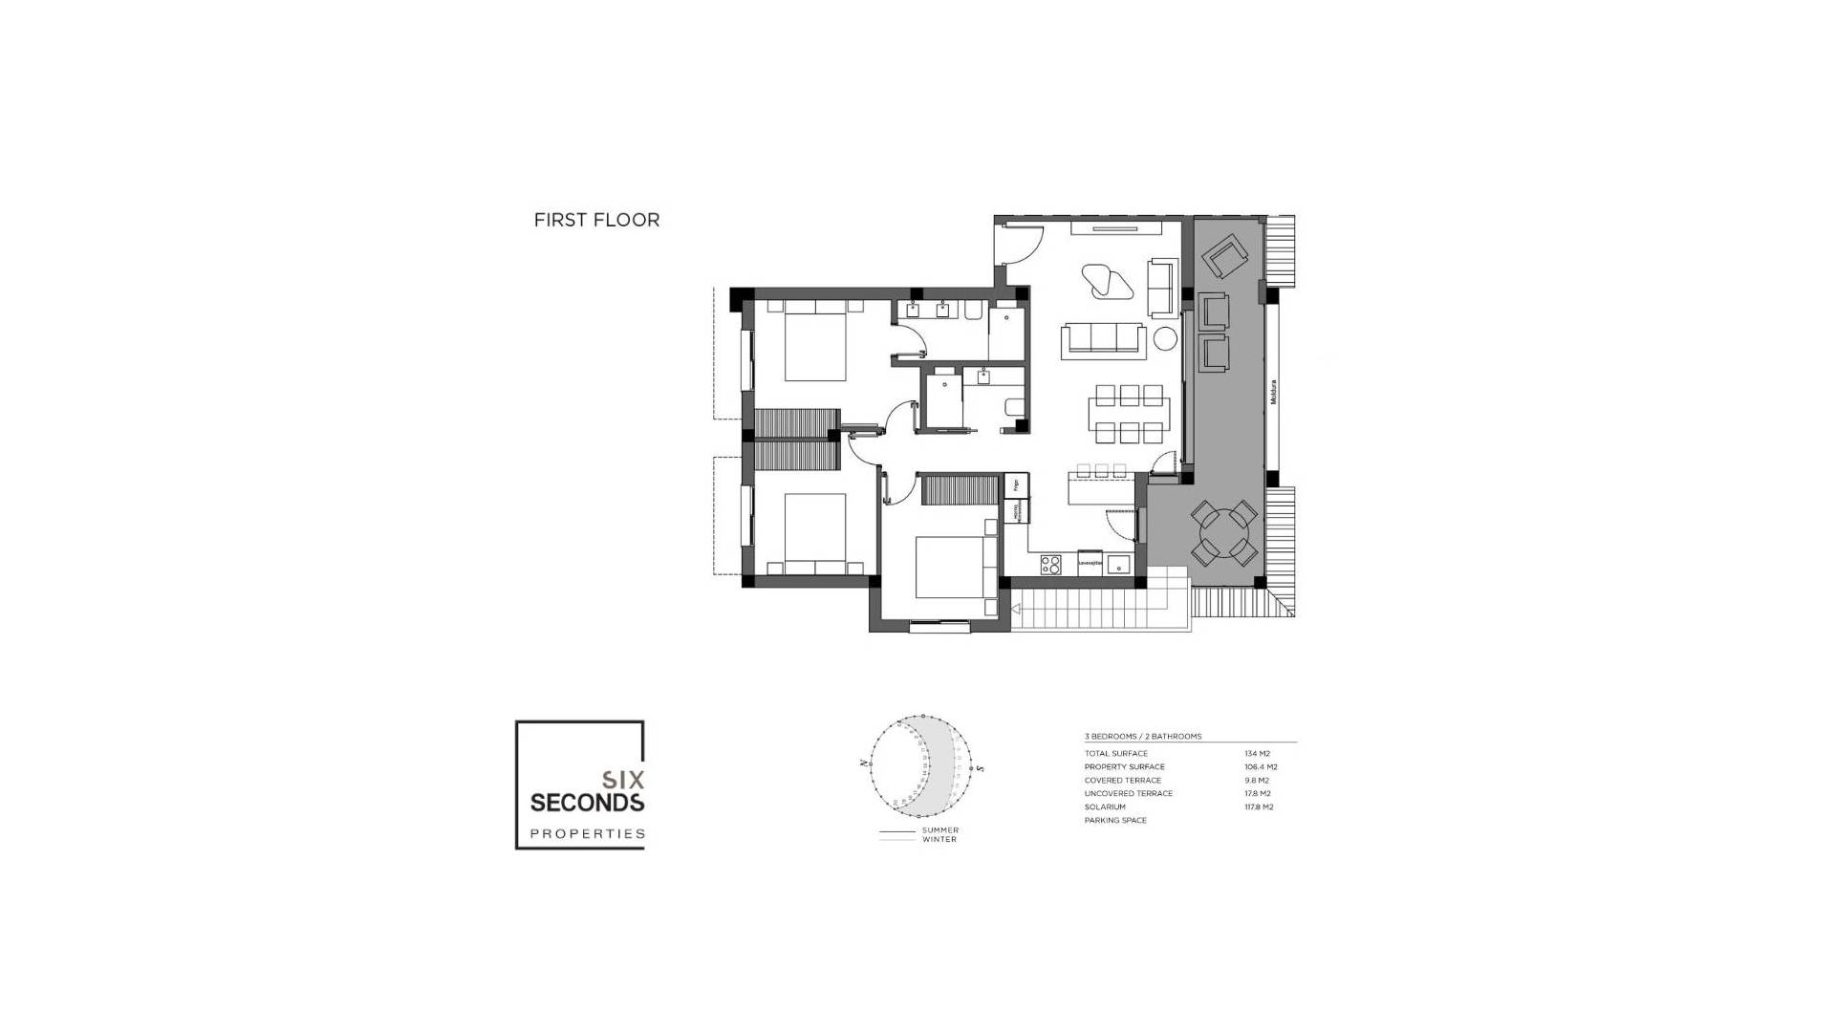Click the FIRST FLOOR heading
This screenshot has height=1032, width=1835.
click(596, 220)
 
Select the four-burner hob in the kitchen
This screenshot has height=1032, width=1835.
click(1050, 564)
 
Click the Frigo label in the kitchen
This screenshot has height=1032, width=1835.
click(1015, 486)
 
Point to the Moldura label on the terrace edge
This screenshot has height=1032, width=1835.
click(1274, 392)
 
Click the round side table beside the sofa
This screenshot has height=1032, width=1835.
click(1164, 339)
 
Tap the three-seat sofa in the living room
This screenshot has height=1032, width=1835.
click(1104, 341)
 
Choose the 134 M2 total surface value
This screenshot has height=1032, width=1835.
click(1257, 754)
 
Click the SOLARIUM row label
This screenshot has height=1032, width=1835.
click(1105, 807)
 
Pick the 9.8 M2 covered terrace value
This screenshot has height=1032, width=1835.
click(1256, 781)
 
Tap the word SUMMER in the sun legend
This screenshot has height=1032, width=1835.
click(939, 830)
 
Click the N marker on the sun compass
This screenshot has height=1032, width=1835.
click(863, 763)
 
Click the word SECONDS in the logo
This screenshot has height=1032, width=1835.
click(587, 802)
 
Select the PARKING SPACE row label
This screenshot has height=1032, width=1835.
click(1115, 821)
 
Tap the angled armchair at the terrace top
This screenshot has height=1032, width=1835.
click(1223, 258)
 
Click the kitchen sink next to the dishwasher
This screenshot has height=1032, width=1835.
click(1118, 564)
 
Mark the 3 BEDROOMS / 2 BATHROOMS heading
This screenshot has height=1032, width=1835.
click(1142, 737)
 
